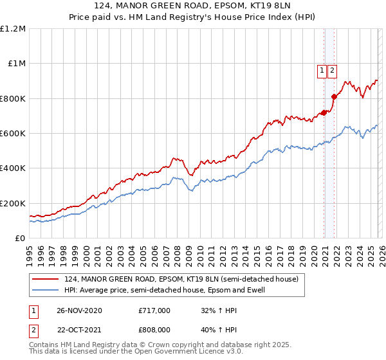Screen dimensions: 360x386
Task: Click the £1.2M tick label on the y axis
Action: [x=13, y=29]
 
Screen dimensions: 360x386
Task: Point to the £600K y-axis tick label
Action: [x=13, y=134]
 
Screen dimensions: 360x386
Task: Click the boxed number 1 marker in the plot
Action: [x=321, y=71]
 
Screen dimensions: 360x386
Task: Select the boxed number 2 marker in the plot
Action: [x=332, y=71]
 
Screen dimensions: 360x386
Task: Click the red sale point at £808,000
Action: [x=334, y=97]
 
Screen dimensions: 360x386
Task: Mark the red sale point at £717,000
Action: [x=324, y=113]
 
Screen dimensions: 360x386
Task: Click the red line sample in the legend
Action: [x=46, y=280]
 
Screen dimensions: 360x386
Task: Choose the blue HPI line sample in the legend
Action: [x=46, y=291]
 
